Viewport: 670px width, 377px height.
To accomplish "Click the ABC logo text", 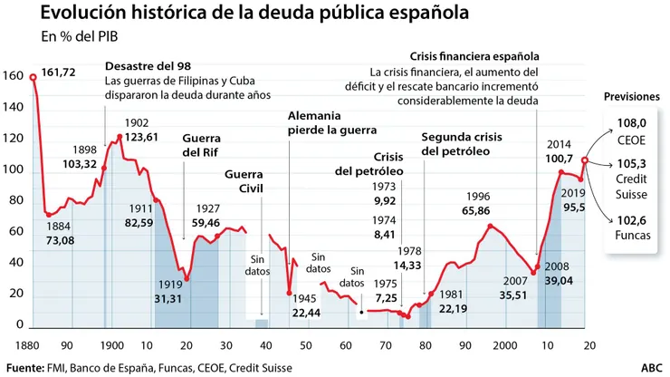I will click(x=651, y=367).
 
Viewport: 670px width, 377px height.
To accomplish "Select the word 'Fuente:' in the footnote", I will click(x=28, y=367).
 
